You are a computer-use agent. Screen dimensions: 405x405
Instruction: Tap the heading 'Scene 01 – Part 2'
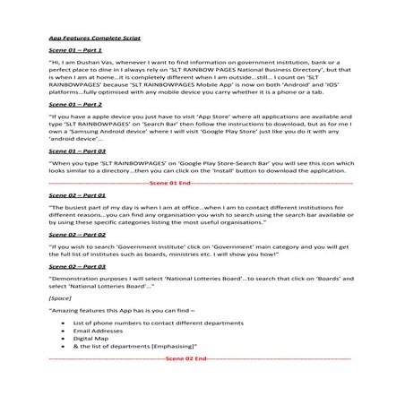click(x=74, y=130)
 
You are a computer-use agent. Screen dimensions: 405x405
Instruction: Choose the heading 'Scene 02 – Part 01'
click(x=77, y=220)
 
